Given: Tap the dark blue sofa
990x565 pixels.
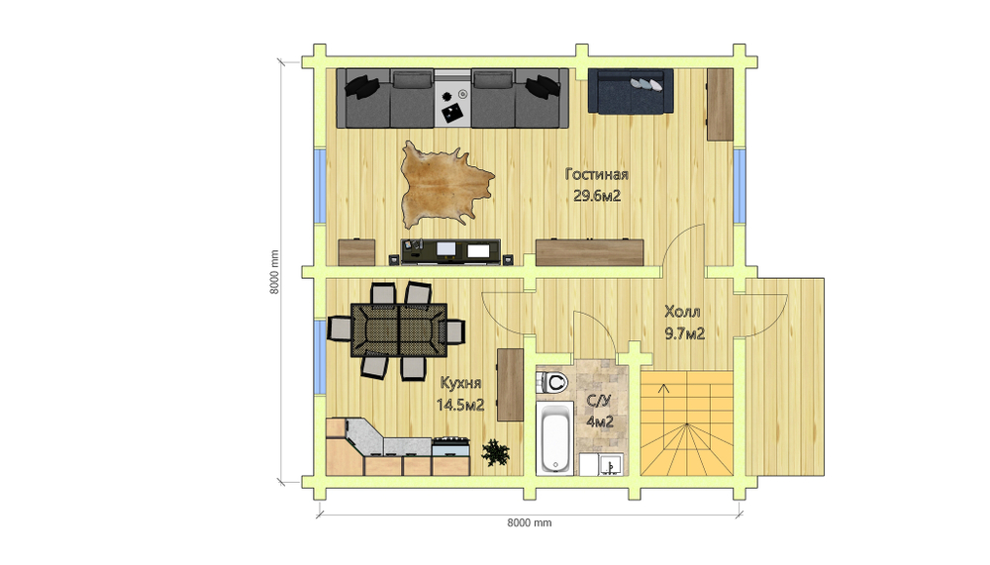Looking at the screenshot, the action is pyautogui.click(x=631, y=91).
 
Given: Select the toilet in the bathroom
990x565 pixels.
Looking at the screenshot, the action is pyautogui.click(x=553, y=383).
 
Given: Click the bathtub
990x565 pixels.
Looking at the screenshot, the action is pyautogui.click(x=555, y=438).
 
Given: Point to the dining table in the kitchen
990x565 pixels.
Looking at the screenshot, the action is pyautogui.click(x=399, y=330).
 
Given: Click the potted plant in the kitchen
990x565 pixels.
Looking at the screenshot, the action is pyautogui.click(x=495, y=452).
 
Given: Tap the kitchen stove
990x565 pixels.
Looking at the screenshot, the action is pyautogui.click(x=450, y=446).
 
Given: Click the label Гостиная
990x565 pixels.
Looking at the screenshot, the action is pyautogui.click(x=597, y=175).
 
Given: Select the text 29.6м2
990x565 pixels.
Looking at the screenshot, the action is pyautogui.click(x=597, y=196).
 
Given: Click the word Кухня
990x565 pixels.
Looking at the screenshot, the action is pyautogui.click(x=461, y=383).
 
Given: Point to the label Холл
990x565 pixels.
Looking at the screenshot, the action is pyautogui.click(x=682, y=312).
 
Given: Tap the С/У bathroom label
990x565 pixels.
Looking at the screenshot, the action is pyautogui.click(x=599, y=401).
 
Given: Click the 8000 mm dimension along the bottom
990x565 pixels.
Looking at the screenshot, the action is pyautogui.click(x=529, y=522).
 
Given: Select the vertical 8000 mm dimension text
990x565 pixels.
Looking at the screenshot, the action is pyautogui.click(x=274, y=272).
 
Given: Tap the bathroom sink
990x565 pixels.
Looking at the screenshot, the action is pyautogui.click(x=611, y=465).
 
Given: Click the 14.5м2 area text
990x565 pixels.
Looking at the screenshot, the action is pyautogui.click(x=460, y=405).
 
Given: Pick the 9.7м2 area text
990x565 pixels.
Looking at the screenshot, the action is pyautogui.click(x=684, y=333).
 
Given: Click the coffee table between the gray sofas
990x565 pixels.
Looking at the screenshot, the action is pyautogui.click(x=452, y=99).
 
